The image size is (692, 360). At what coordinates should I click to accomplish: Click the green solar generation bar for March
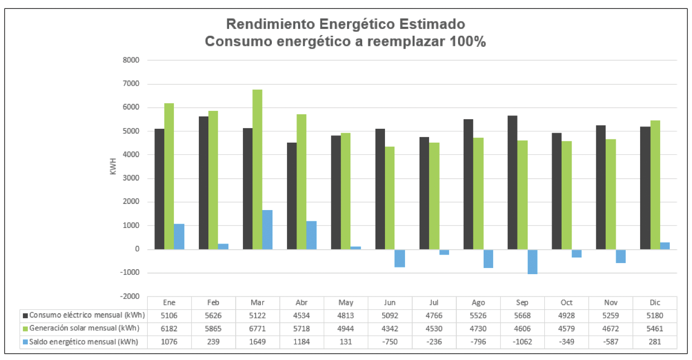257,169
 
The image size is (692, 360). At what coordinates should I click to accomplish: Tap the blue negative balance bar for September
532,261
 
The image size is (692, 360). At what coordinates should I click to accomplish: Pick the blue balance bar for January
179,236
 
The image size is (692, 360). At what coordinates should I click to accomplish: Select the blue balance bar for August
488,259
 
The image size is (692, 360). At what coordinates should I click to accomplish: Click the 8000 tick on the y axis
131,60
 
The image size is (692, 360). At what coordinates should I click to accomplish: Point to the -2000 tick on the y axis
131,296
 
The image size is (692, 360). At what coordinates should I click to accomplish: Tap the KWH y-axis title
113,166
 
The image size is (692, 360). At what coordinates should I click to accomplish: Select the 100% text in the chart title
467,42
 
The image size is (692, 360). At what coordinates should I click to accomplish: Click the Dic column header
655,303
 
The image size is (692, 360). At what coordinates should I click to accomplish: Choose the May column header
345,303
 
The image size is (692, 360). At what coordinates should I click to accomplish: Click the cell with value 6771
257,328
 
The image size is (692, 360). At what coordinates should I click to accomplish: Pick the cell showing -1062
522,342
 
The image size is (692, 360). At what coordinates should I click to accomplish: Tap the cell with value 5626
213,315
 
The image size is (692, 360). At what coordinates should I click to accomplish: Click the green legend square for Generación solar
25,328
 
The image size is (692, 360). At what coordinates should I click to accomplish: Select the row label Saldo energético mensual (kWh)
84,342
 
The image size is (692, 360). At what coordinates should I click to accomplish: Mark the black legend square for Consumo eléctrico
25,315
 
